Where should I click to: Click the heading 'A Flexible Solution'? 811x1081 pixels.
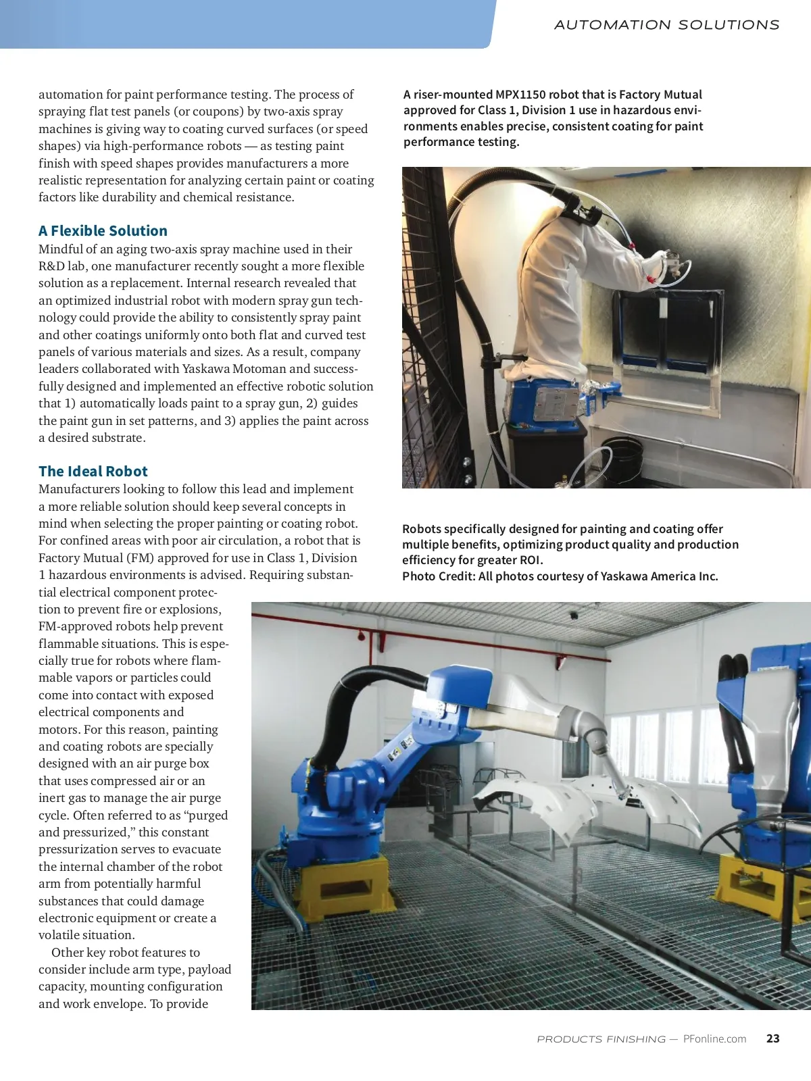click(103, 231)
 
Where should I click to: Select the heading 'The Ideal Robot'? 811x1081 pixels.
click(93, 472)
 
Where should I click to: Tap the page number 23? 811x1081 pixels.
click(772, 1039)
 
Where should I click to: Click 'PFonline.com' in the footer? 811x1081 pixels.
click(714, 1039)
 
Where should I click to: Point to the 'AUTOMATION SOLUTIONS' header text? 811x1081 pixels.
click(666, 25)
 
